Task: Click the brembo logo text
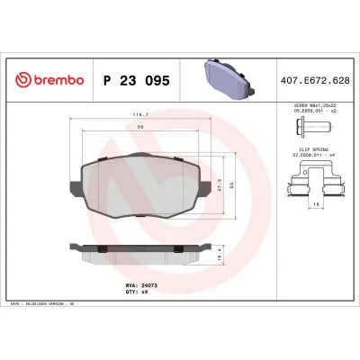pos(56,81)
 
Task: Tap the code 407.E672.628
pos(315,81)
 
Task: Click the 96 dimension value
pos(139,126)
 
